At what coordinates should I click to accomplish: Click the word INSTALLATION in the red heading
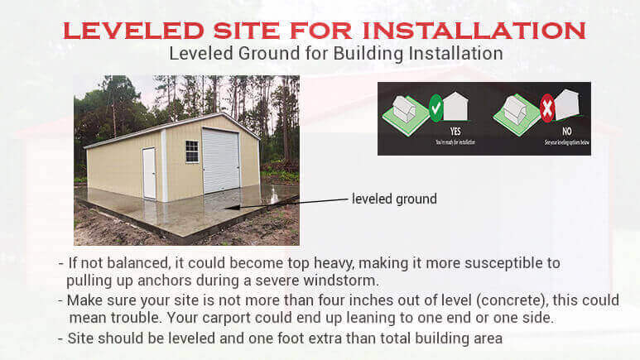(x=473, y=31)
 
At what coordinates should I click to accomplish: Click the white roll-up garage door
(x=220, y=161)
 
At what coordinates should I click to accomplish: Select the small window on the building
(x=191, y=151)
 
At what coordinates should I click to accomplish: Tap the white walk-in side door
(x=149, y=173)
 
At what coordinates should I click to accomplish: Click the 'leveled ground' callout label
(x=394, y=199)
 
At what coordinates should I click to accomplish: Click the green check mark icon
(x=435, y=107)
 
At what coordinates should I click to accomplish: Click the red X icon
(x=546, y=107)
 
